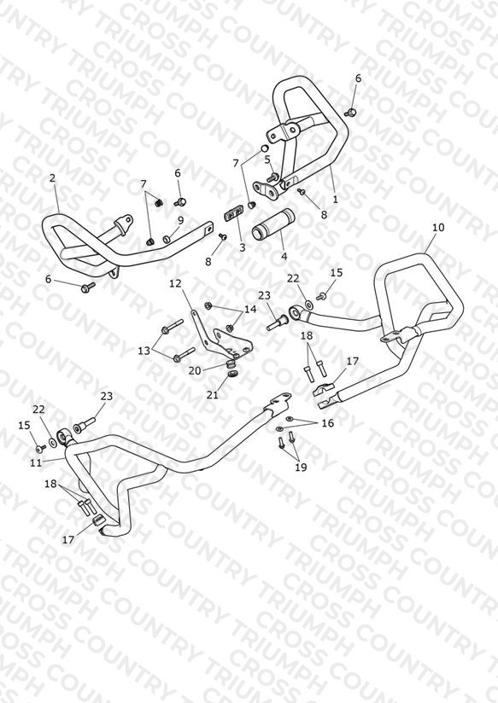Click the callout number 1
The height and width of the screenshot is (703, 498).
point(336,200)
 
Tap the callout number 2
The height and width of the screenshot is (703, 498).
point(53,178)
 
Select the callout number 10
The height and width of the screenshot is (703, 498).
point(438,227)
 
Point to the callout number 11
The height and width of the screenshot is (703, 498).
point(36,462)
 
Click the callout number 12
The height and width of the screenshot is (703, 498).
point(175,283)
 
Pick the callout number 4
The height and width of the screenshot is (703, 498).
point(284,257)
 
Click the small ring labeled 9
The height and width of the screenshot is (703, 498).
point(167,238)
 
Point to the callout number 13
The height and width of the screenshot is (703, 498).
point(144,351)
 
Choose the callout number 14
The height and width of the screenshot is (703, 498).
point(250,309)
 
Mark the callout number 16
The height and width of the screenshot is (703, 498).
point(328,423)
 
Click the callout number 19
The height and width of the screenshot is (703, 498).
point(301,467)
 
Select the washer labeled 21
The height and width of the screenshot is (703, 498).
point(233,374)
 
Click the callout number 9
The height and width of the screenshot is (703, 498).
point(180,220)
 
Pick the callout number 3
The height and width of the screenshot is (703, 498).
point(242,247)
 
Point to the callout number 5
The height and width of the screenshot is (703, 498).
point(267,160)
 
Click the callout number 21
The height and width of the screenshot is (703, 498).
point(213,394)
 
